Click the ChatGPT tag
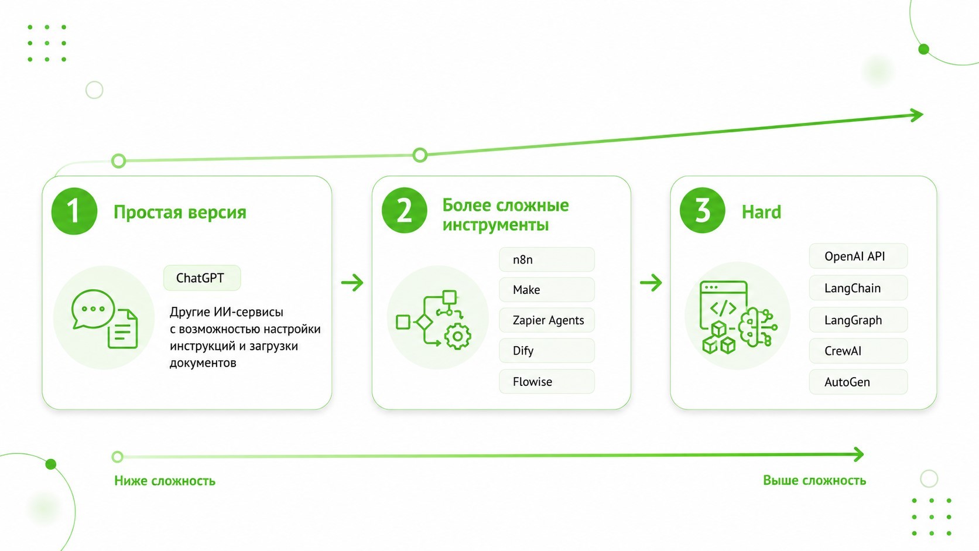coord(202,278)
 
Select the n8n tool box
coord(547,259)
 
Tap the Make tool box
coord(547,290)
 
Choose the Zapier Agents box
coord(547,320)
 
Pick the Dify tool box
coord(547,350)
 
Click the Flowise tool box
coord(547,381)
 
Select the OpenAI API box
coord(858,256)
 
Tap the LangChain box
coord(858,288)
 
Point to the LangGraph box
coord(858,320)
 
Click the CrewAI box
coord(858,351)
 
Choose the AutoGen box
coord(858,382)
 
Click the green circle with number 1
coord(74,211)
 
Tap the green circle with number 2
coord(404,210)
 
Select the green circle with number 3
coord(703,210)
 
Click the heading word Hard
coord(761,213)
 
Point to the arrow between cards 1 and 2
coord(352,282)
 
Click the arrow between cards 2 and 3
coord(651,282)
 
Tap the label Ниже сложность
coord(165,481)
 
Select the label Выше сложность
coord(814,480)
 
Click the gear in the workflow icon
coord(458,337)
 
